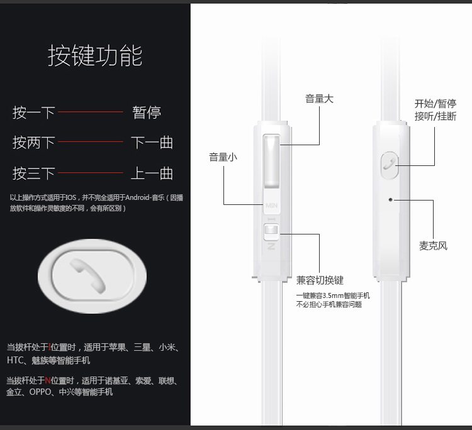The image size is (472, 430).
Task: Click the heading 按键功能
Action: [x=95, y=56]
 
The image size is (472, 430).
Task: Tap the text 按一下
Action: [x=34, y=113]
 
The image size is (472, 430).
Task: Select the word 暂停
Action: [x=147, y=113]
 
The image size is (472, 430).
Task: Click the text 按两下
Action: [x=34, y=143]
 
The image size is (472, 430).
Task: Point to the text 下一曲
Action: [x=152, y=143]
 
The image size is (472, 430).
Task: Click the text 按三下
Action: [x=34, y=173]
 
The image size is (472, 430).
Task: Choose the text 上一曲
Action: [x=152, y=173]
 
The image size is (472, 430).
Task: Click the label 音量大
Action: [x=319, y=99]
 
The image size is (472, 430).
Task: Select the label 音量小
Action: [x=223, y=157]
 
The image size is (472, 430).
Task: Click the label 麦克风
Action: [x=433, y=246]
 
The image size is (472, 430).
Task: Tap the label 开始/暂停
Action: [x=435, y=104]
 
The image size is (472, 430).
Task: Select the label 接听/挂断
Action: [x=435, y=116]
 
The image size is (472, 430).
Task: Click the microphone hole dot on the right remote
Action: [x=391, y=200]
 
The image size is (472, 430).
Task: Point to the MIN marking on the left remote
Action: [x=271, y=205]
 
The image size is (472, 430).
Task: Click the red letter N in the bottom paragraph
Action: [x=47, y=380]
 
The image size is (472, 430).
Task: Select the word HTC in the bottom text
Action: [x=15, y=360]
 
